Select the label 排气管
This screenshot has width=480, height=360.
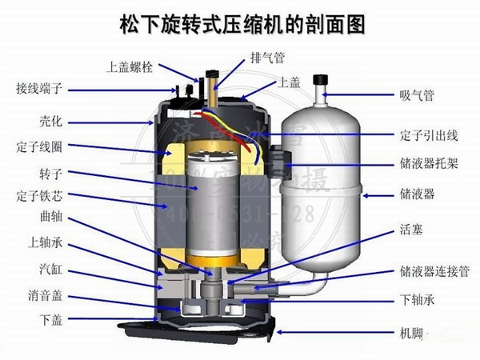point(268,58)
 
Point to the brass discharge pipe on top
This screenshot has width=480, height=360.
point(213,83)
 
